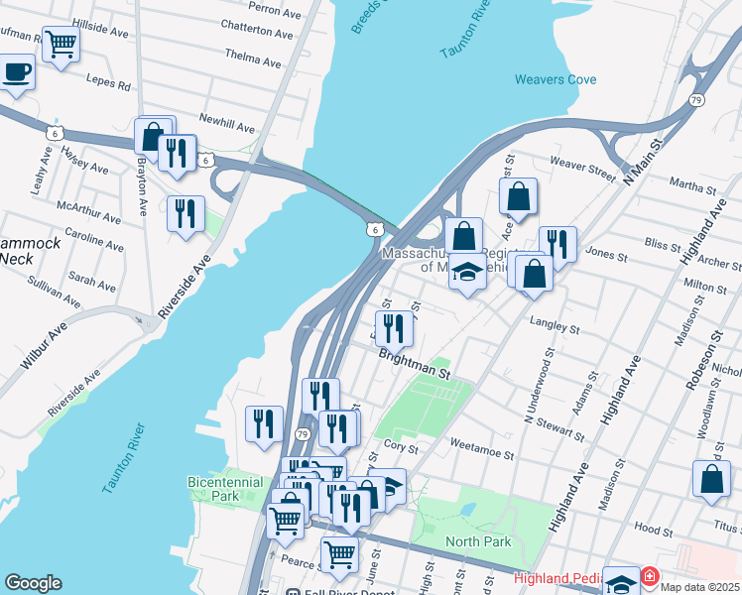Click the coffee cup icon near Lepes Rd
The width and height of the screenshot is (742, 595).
pos(17,73)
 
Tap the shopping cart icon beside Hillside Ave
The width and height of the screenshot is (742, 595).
pos(61,45)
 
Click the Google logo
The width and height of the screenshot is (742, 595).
pos(33,583)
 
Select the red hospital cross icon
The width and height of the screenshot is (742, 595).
pos(650,576)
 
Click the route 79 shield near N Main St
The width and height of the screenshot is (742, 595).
pos(696,100)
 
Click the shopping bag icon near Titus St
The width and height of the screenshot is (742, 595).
pos(711,480)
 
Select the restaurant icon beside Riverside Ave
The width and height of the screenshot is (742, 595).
pos(185,213)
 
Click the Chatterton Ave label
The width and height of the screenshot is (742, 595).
pos(257,32)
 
